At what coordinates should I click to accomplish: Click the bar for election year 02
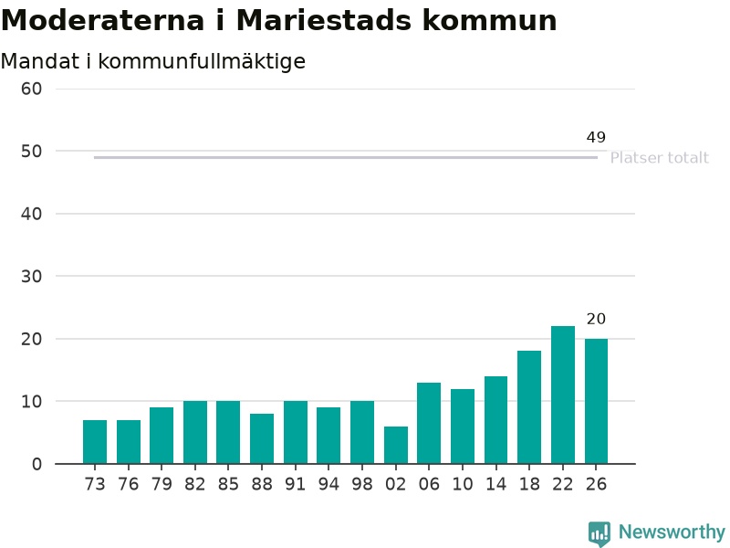tap(396, 445)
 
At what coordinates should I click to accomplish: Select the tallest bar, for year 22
tap(563, 395)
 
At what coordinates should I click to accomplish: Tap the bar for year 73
tap(95, 442)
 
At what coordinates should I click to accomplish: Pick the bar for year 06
tap(429, 423)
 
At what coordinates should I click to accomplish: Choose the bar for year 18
tap(529, 407)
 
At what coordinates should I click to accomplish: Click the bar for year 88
tap(262, 438)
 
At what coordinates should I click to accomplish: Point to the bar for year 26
tap(597, 401)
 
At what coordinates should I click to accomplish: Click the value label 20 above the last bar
tap(596, 319)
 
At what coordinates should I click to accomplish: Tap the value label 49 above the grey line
tap(596, 137)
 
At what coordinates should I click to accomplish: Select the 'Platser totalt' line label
tap(659, 158)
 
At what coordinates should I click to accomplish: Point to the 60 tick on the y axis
tap(31, 89)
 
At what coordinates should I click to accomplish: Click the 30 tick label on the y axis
tap(31, 277)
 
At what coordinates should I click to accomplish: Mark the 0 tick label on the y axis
tap(36, 464)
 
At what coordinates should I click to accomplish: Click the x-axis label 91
tap(295, 484)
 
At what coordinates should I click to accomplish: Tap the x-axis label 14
tap(495, 484)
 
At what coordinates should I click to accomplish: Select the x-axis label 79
tap(162, 484)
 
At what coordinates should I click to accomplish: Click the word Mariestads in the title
tap(324, 20)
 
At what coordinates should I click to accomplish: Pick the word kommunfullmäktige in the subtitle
tap(202, 62)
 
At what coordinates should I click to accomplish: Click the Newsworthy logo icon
tap(600, 533)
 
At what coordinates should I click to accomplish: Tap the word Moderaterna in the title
tap(102, 20)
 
